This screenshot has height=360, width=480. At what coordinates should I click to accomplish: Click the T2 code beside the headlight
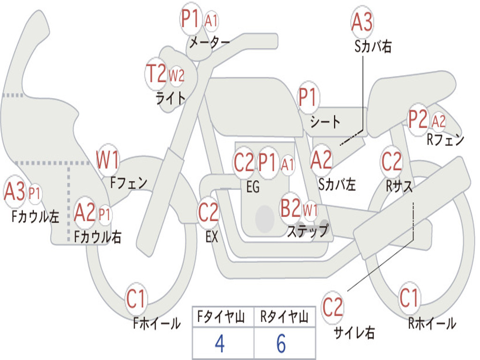coord(156,74)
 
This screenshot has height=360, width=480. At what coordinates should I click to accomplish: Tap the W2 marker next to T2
coord(177,75)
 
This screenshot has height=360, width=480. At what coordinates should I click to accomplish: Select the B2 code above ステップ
coord(291,208)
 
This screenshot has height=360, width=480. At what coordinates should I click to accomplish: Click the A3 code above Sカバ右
coord(362,22)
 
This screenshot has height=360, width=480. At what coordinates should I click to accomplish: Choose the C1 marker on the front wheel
coord(135,299)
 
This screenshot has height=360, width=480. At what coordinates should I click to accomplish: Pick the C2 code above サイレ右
coord(332,307)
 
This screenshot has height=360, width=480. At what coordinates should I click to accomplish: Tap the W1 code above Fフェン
coord(107,159)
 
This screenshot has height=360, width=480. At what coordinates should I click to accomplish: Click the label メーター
coord(210,42)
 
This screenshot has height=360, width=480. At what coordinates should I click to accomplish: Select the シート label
coord(325,121)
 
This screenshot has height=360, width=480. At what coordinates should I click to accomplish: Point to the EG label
coord(253,187)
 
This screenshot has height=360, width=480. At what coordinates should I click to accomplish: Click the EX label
coord(212,237)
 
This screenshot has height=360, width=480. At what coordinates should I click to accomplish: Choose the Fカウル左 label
coord(35,216)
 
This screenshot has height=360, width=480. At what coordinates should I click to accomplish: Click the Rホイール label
coord(432,323)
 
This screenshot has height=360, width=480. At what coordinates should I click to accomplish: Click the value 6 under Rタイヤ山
coord(281,343)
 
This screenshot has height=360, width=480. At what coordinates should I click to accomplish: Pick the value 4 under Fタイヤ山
coord(220,343)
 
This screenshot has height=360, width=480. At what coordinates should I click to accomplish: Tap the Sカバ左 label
coord(337,185)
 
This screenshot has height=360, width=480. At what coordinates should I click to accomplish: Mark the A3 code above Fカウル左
coord(15,191)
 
